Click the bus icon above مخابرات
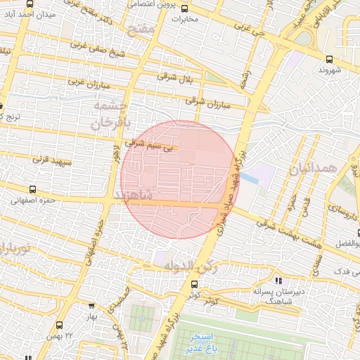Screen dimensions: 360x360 (185, 8)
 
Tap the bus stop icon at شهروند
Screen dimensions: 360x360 (330, 60)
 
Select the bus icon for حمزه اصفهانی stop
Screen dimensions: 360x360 (33, 189)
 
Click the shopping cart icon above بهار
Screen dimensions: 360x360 (91, 306)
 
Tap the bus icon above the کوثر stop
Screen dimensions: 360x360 (195, 284)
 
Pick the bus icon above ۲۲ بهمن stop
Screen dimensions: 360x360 (58, 325)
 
